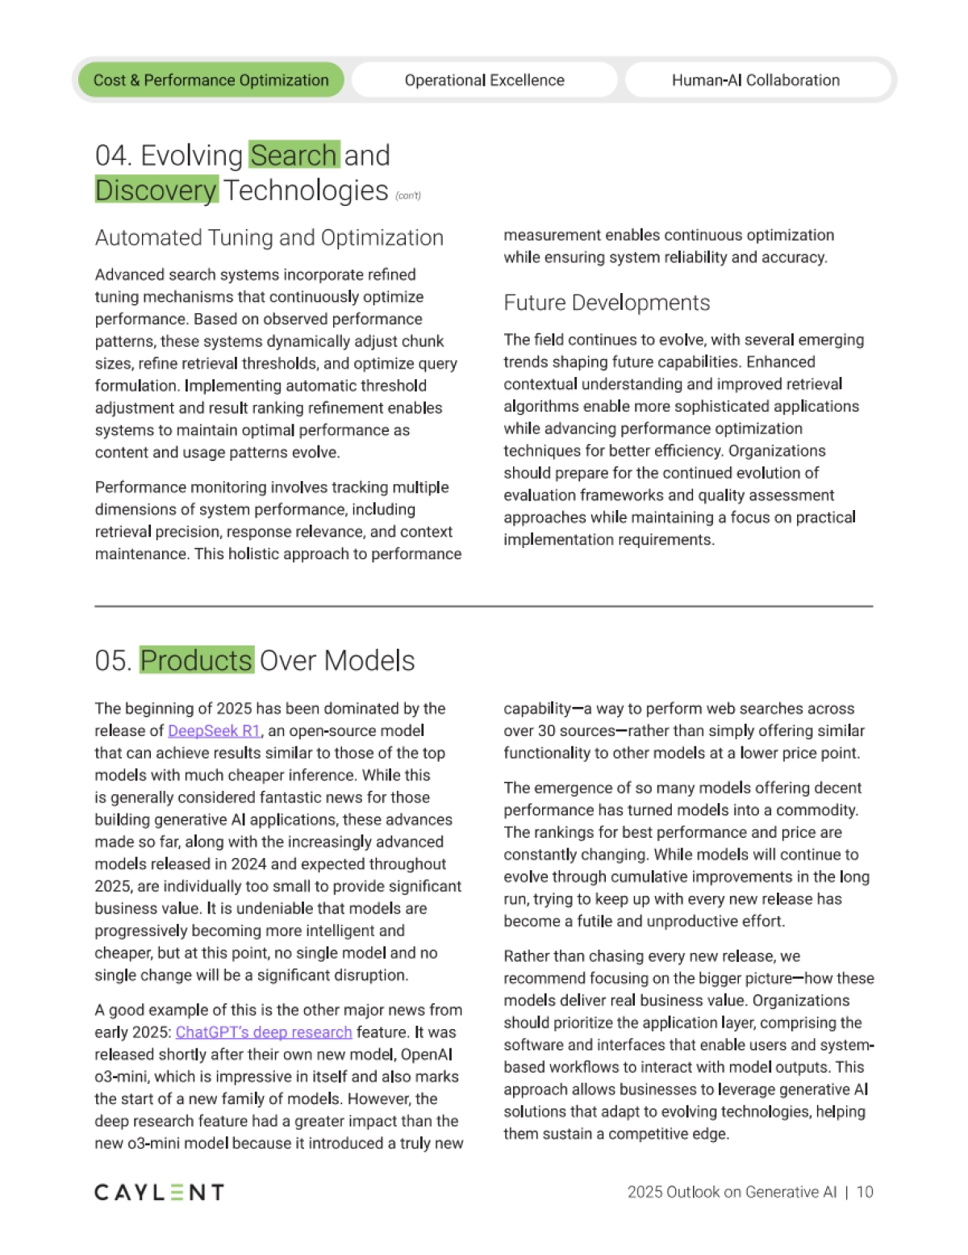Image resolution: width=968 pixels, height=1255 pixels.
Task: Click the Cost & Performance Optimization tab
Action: pos(211,80)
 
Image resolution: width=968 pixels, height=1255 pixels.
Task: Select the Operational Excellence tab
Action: pos(484,80)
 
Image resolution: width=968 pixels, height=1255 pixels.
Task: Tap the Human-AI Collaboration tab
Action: pos(756,80)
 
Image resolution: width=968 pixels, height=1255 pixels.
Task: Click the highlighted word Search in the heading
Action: pos(294,155)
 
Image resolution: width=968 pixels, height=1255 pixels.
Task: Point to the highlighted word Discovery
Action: pos(156,190)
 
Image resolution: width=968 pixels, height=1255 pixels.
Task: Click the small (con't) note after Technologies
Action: pos(408,195)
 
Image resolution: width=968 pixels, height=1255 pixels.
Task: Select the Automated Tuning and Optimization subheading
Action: pos(269,238)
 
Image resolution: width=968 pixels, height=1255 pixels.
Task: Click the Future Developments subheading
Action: pos(607,303)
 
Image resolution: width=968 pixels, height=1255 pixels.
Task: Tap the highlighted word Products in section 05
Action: pos(197,660)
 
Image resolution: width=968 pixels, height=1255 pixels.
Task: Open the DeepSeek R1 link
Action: pos(214,730)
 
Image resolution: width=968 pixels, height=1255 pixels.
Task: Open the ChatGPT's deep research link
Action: pos(264,1032)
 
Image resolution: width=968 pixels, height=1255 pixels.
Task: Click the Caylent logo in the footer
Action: pos(159,1192)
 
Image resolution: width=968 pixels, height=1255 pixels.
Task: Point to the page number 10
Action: pos(865,1192)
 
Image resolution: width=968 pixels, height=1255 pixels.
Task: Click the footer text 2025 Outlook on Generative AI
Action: pos(732,1192)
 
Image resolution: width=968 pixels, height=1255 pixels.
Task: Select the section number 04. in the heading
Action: pos(114,155)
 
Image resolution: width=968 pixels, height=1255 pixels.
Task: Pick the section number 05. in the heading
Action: pos(114,660)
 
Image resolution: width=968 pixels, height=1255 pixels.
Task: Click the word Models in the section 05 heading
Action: pos(370,660)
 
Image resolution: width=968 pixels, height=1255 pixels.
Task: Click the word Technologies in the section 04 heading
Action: pos(306,190)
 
